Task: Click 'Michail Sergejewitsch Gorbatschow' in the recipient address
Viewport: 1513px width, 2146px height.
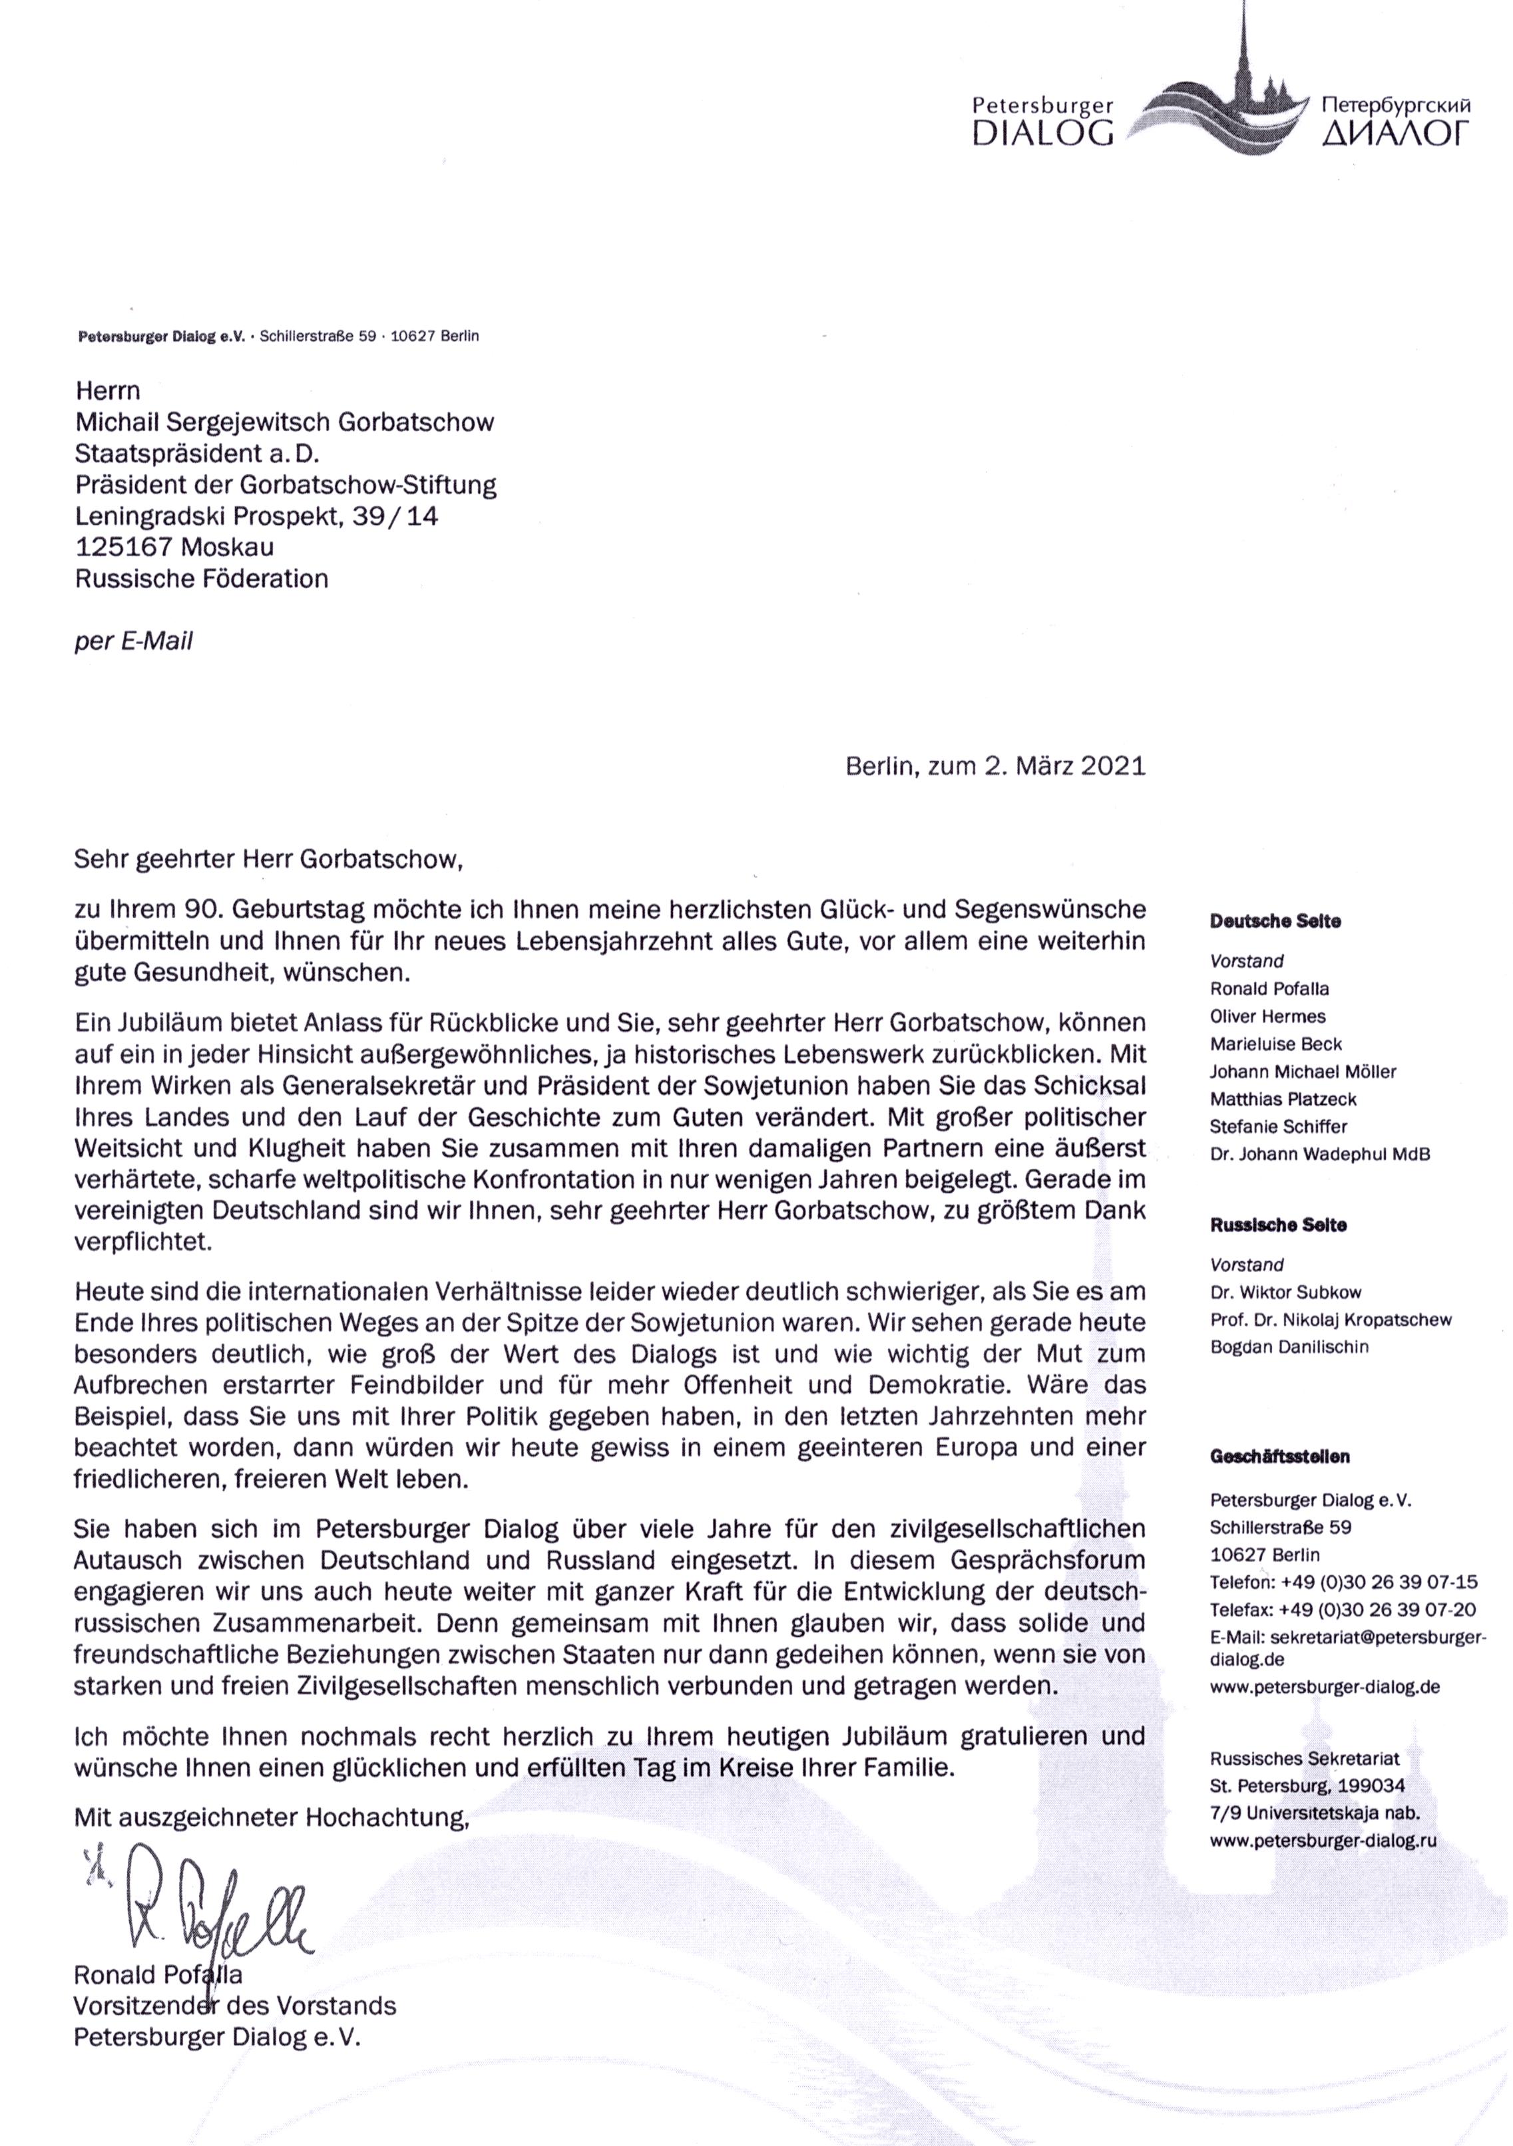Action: click(284, 422)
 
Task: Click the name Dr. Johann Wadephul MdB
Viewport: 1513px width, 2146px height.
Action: click(1319, 1154)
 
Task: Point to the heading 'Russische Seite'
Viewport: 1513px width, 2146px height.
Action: click(1278, 1225)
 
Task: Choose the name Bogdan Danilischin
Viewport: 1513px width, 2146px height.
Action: click(1289, 1347)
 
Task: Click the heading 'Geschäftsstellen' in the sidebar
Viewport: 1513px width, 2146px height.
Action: click(1280, 1456)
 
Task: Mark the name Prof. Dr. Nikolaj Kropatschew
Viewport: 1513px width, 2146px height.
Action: click(1331, 1320)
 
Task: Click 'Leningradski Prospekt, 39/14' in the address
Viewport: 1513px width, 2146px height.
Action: click(256, 516)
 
